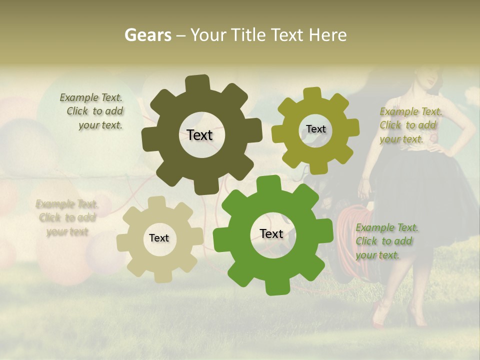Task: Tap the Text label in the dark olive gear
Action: (199, 135)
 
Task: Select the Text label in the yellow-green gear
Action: (315, 129)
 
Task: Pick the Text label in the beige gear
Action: (159, 238)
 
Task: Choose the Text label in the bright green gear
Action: (271, 233)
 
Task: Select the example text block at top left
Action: (92, 111)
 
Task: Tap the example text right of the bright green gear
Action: (386, 241)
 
